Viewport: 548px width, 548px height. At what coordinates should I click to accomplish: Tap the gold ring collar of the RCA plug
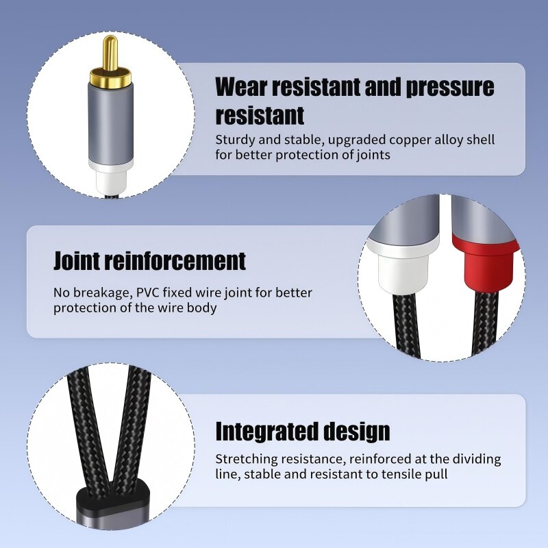(x=111, y=79)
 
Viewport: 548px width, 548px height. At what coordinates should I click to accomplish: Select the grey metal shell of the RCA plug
(x=111, y=123)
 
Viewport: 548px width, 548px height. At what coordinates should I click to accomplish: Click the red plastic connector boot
(x=486, y=260)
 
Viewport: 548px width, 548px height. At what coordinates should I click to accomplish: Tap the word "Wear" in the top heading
(x=241, y=87)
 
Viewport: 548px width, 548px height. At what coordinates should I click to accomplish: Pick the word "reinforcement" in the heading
(x=174, y=261)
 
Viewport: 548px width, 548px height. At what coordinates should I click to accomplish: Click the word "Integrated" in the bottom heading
(x=266, y=432)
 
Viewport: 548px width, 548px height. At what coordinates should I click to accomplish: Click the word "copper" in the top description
(x=409, y=140)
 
